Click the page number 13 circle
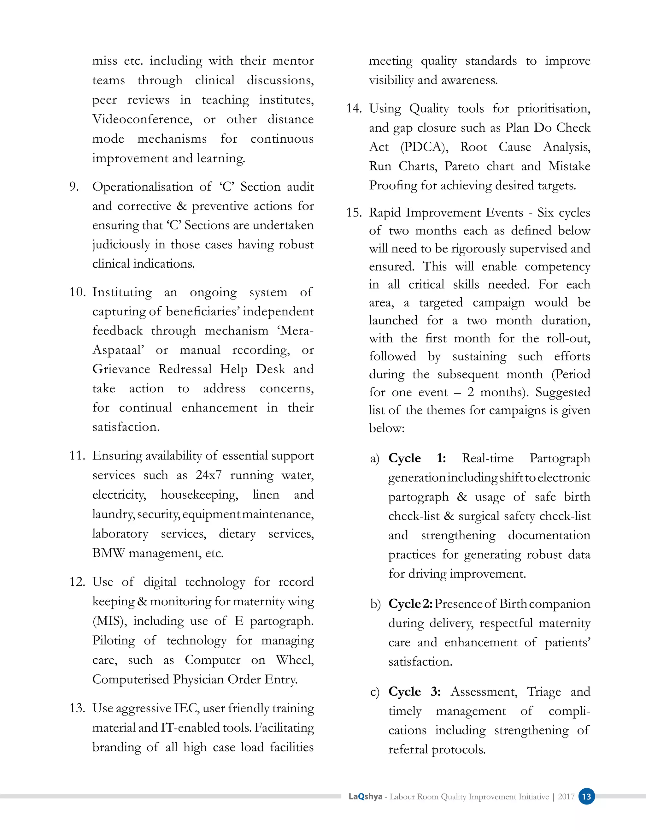pyautogui.click(x=586, y=796)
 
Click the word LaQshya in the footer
pyautogui.click(x=365, y=796)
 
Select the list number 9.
pyautogui.click(x=74, y=187)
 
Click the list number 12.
pyautogui.click(x=77, y=582)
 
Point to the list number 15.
pyautogui.click(x=354, y=212)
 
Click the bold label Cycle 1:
pyautogui.click(x=417, y=458)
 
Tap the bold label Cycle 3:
pyautogui.click(x=414, y=692)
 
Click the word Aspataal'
pyautogui.click(x=118, y=350)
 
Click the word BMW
pyautogui.click(x=109, y=553)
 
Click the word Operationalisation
pyautogui.click(x=143, y=187)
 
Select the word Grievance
pyautogui.click(x=122, y=369)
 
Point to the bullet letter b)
pyautogui.click(x=376, y=604)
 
